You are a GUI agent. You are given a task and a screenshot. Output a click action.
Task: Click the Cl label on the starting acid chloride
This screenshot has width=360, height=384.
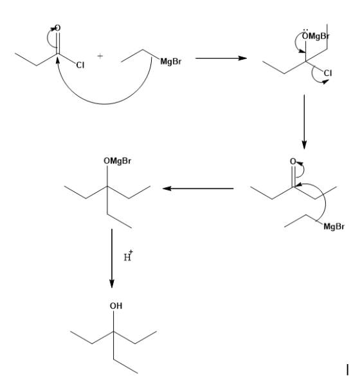(x=80, y=65)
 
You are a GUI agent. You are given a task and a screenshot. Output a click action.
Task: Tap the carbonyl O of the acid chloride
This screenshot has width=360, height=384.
(x=57, y=28)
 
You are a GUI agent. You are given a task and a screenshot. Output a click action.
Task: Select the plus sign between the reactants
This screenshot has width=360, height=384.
(x=100, y=56)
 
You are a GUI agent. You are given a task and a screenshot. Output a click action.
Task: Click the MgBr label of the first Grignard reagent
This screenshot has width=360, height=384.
(x=171, y=62)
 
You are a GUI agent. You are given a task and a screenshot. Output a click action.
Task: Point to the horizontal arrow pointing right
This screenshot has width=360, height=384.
(x=221, y=59)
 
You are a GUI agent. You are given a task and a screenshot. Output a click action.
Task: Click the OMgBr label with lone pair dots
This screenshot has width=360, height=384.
(x=316, y=36)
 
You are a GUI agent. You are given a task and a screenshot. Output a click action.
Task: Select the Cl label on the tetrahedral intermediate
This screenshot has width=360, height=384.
(x=328, y=73)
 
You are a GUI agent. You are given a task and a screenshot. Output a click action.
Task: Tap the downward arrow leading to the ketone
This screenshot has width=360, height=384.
(x=304, y=122)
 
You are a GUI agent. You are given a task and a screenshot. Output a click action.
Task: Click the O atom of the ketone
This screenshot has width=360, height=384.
(x=293, y=161)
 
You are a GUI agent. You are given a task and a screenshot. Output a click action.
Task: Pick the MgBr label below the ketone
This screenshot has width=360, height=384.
(x=334, y=226)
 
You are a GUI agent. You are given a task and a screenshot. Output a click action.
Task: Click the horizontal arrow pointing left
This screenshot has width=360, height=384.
(x=198, y=188)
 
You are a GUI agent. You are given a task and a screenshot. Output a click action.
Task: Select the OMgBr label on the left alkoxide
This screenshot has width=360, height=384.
(x=118, y=161)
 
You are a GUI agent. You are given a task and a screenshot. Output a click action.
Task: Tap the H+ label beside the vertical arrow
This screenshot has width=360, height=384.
(x=128, y=255)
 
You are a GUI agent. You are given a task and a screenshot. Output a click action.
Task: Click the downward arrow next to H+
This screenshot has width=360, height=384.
(x=112, y=259)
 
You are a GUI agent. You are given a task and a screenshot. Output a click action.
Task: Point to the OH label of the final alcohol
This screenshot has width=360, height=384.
(x=116, y=306)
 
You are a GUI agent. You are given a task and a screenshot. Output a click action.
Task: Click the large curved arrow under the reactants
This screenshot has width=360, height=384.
(x=104, y=104)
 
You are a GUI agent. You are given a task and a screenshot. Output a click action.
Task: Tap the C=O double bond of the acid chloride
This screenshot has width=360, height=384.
(x=58, y=43)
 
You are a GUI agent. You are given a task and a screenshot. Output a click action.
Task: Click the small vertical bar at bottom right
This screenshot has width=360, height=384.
(x=348, y=370)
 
